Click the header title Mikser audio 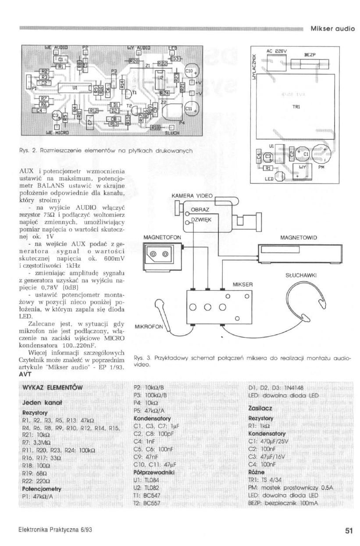click(x=332, y=28)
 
